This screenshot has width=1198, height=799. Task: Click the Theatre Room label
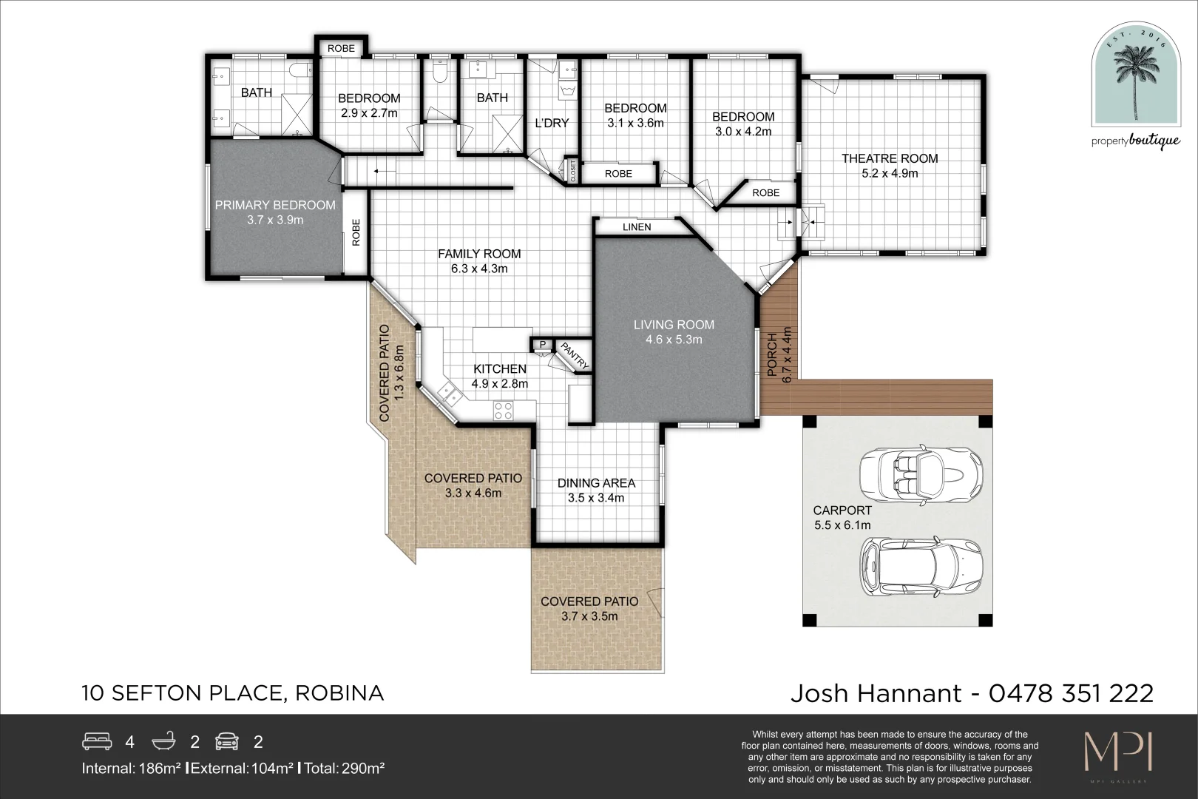tap(889, 158)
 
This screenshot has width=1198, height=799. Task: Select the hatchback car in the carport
tap(921, 567)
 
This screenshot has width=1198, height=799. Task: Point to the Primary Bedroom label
tap(275, 205)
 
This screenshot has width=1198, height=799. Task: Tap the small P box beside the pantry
tap(541, 345)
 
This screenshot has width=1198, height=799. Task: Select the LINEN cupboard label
tap(637, 227)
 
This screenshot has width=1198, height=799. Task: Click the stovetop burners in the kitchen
tap(504, 411)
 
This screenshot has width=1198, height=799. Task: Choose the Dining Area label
tap(596, 483)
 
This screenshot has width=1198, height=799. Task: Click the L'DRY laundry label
tap(552, 123)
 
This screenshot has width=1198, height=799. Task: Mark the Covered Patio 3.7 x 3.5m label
tap(589, 601)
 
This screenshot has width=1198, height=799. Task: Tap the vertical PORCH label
tap(772, 358)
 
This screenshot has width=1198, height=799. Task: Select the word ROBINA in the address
tap(339, 694)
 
